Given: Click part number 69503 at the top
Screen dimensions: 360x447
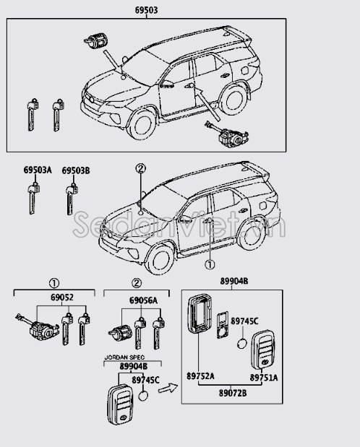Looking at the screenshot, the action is point(146,10).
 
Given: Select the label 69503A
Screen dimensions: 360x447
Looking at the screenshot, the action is point(38,170).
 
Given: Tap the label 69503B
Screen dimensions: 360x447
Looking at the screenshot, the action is point(76,170).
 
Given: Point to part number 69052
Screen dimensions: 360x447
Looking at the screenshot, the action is point(62,298).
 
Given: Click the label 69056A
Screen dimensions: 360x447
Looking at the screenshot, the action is point(143,300).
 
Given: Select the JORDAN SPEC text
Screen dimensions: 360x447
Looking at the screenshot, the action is point(124,357).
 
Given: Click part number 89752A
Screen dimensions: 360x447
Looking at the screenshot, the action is point(200,376).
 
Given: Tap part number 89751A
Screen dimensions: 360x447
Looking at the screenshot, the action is point(264,378).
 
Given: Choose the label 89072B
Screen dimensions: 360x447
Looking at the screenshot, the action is point(233,393).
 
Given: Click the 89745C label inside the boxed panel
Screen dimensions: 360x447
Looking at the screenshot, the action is point(244,321).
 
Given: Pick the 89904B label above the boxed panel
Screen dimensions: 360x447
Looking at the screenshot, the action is point(234,281).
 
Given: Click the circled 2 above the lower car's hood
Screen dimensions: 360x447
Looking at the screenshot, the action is point(140,169).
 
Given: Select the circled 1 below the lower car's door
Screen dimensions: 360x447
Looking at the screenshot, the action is point(210,265).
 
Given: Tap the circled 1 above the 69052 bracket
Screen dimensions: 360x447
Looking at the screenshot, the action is point(54,283).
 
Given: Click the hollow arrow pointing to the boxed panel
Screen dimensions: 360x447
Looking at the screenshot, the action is point(168,388).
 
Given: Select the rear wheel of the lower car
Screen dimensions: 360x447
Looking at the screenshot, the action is point(252,235).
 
